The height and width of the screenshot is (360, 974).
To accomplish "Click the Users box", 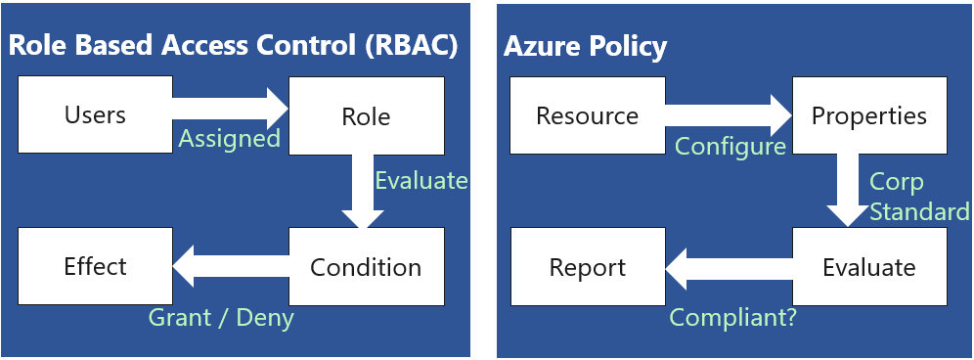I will [95, 115].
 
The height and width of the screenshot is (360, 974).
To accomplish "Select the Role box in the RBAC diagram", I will [366, 116].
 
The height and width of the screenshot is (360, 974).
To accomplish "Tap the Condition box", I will [366, 267].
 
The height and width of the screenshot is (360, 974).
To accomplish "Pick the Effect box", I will [95, 266].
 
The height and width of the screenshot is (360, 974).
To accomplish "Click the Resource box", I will [587, 115].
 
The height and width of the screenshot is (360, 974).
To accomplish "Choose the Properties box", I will [868, 115].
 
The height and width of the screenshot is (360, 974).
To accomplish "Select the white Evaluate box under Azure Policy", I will [868, 267].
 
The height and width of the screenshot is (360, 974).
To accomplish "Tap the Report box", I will [587, 267].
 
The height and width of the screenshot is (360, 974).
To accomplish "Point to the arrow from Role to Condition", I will [361, 191].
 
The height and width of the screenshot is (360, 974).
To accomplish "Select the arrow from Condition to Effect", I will [230, 265].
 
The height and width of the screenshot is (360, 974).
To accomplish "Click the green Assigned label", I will [229, 139].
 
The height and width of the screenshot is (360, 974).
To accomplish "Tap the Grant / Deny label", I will [220, 317].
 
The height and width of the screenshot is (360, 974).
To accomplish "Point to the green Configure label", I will [730, 147].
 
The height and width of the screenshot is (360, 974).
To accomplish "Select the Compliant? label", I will [732, 318].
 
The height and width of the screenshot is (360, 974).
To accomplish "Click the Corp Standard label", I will [918, 198].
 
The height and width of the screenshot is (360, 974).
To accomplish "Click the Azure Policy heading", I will [585, 46].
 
